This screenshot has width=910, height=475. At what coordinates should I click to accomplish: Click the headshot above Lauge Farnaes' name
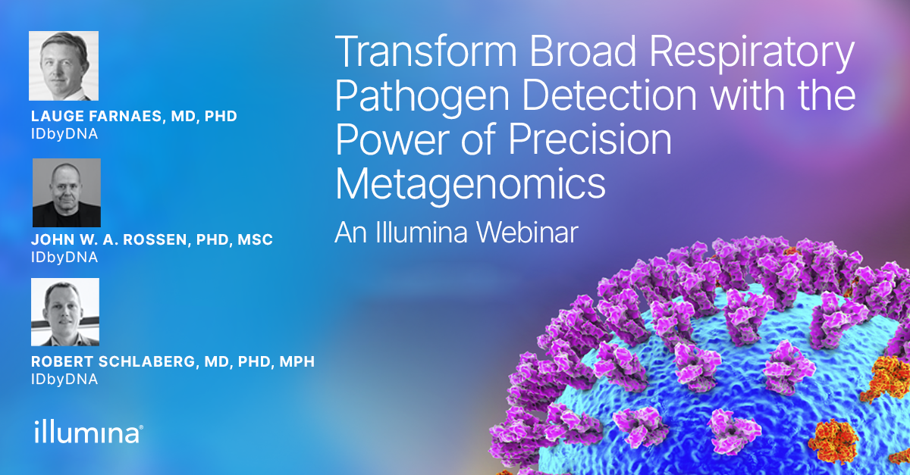tap(64, 66)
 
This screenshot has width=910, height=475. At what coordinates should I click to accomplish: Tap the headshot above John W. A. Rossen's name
tap(67, 193)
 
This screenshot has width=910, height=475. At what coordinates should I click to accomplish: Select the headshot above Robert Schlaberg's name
tap(65, 312)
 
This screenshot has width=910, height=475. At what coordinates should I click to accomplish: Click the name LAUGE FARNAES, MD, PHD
tap(134, 116)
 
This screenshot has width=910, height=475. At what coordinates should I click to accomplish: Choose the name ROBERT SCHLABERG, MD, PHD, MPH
tap(173, 361)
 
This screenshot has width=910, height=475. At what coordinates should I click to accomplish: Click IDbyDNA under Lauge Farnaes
tap(64, 134)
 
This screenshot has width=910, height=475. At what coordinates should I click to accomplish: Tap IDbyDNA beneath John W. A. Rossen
tap(64, 258)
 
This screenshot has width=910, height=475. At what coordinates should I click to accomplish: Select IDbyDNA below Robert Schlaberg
tap(64, 380)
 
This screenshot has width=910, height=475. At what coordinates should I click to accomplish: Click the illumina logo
tap(89, 432)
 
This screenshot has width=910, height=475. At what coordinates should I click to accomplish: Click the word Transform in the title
tap(425, 52)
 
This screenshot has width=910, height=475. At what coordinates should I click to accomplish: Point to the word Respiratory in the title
tap(752, 55)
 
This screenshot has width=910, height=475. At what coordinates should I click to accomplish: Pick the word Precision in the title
tap(590, 139)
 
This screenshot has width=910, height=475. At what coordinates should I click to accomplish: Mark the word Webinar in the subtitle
tap(527, 233)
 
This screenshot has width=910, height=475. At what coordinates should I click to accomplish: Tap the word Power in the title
tap(392, 139)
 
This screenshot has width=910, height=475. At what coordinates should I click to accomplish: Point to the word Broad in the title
tap(582, 52)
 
